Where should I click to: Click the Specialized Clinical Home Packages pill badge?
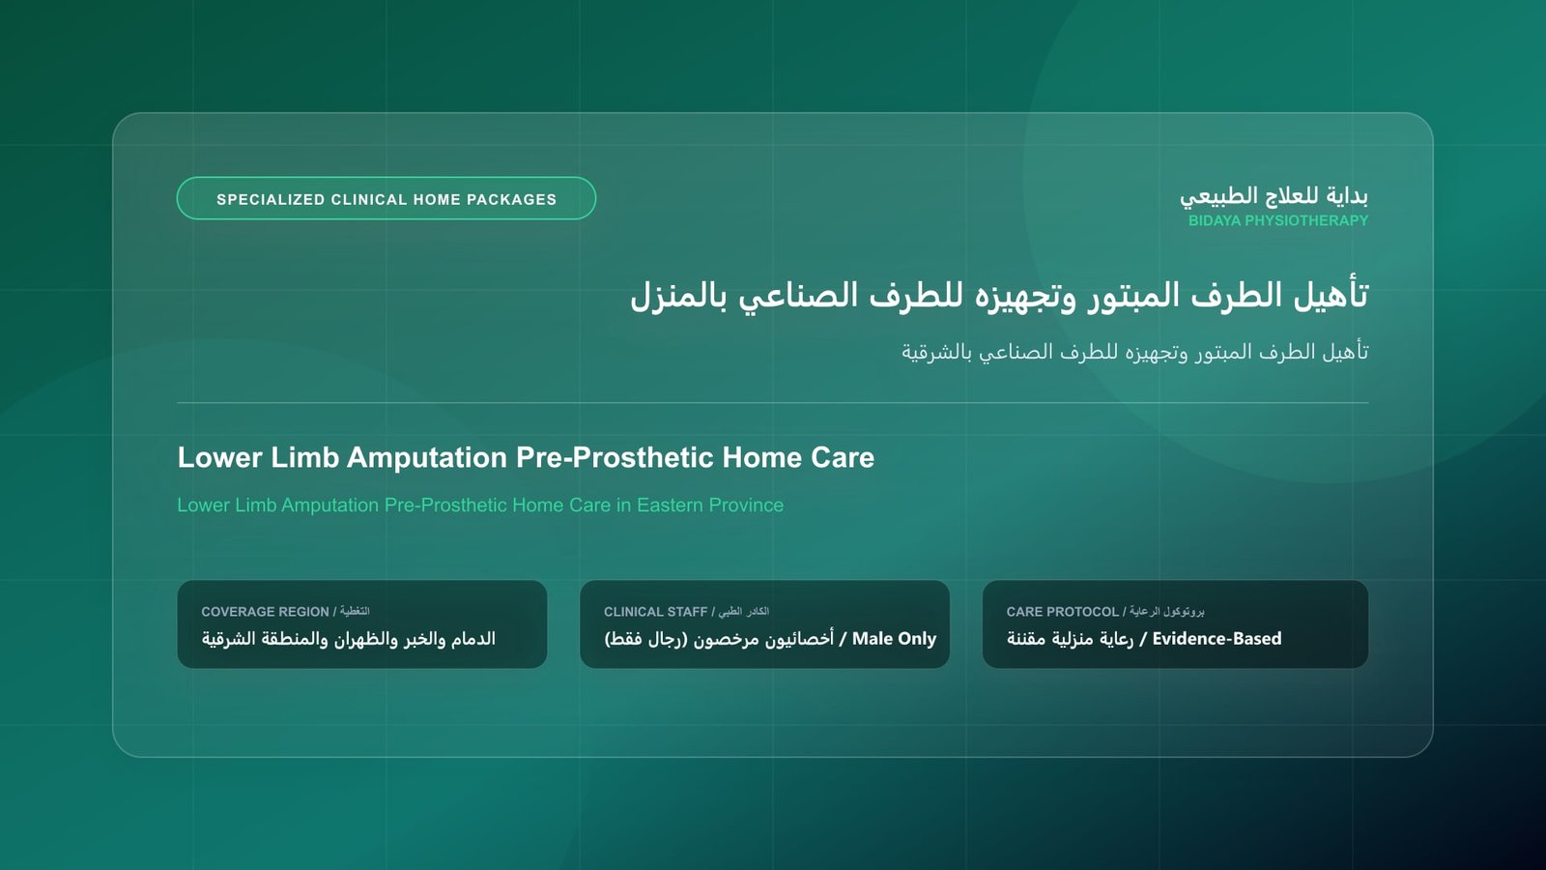point(386,199)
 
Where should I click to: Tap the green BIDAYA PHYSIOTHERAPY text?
point(1278,221)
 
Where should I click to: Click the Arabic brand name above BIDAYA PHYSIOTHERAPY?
point(1274,196)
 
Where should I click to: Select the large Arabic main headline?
point(999,296)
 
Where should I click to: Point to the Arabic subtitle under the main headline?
point(1134,352)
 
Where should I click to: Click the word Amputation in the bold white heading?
point(427,458)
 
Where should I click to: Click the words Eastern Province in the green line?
point(710,506)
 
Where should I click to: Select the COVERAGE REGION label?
point(265,612)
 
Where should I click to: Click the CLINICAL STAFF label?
point(656,612)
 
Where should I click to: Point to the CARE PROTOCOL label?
point(1063,612)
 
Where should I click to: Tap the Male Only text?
point(894,639)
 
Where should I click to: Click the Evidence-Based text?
point(1217,639)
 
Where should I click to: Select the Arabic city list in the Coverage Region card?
point(349,639)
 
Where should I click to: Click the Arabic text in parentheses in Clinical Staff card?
point(646,639)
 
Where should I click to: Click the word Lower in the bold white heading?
point(219,458)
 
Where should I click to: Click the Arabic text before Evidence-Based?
point(1070,639)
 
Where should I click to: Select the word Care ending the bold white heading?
point(843,458)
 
